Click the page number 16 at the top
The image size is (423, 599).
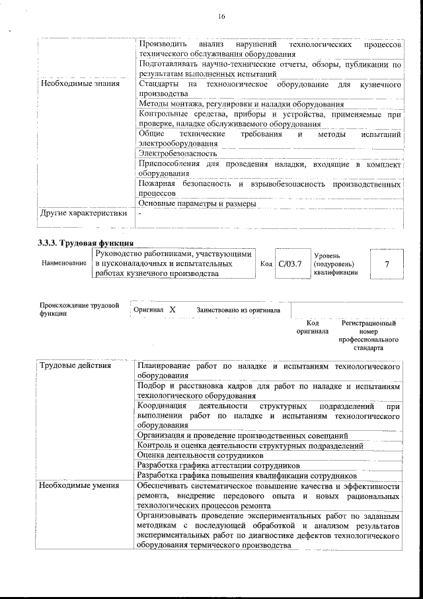(x=221, y=17)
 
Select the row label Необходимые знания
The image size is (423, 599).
(x=80, y=85)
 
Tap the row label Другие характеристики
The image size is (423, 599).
(x=83, y=214)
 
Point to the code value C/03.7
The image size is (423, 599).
(x=290, y=264)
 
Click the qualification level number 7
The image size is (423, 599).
(x=387, y=264)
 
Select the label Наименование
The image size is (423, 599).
(x=63, y=263)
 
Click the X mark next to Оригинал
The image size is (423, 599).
(x=173, y=309)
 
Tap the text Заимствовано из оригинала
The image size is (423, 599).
(x=238, y=310)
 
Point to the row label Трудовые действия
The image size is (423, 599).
(x=75, y=366)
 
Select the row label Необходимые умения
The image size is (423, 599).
(x=79, y=486)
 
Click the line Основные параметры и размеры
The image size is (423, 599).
(x=197, y=204)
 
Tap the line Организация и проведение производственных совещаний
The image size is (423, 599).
(x=242, y=436)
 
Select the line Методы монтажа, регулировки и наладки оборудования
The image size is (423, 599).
(x=241, y=104)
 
